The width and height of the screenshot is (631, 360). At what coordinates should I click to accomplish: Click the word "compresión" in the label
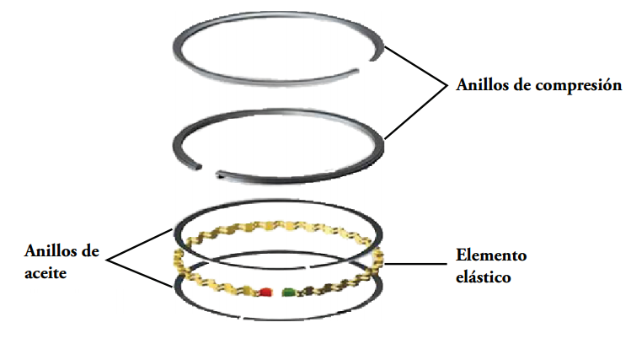point(580,86)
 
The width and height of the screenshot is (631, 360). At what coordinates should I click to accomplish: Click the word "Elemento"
point(490,255)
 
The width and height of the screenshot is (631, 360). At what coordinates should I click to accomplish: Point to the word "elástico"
point(483,276)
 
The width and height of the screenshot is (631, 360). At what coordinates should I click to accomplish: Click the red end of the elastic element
point(266,293)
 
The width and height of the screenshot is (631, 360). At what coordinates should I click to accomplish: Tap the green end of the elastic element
point(289,293)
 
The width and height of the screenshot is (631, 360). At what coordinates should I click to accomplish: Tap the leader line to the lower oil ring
point(143,271)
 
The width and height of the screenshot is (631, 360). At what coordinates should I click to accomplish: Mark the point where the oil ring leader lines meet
point(109,258)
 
